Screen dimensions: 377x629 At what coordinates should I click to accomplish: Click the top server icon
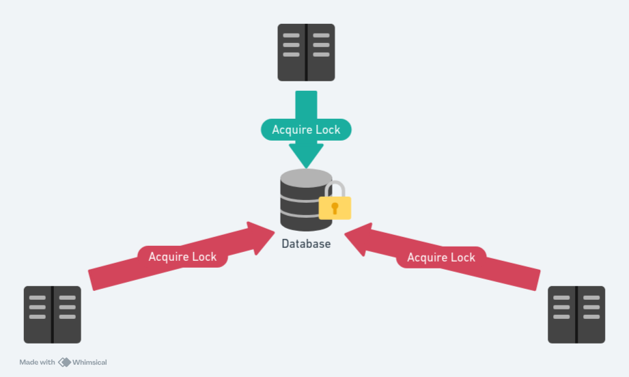[x=306, y=53]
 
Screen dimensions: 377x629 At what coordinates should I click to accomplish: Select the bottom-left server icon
[x=53, y=314]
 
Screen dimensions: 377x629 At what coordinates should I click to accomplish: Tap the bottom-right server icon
[x=576, y=314]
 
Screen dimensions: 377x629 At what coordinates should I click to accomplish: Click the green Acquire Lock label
[x=306, y=130]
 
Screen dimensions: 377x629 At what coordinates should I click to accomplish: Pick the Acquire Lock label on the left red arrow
[x=182, y=257]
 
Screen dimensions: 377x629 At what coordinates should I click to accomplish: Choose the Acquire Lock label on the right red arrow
[x=441, y=257]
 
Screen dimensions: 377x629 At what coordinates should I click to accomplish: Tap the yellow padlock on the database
[x=335, y=207]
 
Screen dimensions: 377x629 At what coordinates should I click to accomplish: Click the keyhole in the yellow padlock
[x=335, y=208]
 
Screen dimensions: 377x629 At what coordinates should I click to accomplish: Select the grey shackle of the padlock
[x=335, y=188]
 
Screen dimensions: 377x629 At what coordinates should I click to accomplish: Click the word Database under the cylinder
[x=306, y=244]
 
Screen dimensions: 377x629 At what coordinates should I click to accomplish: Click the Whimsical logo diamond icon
[x=65, y=362]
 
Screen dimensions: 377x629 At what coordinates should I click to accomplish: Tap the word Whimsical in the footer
[x=90, y=362]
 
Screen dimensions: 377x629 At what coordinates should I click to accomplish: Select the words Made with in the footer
[x=37, y=362]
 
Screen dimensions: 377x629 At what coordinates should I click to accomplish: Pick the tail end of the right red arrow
[x=537, y=280]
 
